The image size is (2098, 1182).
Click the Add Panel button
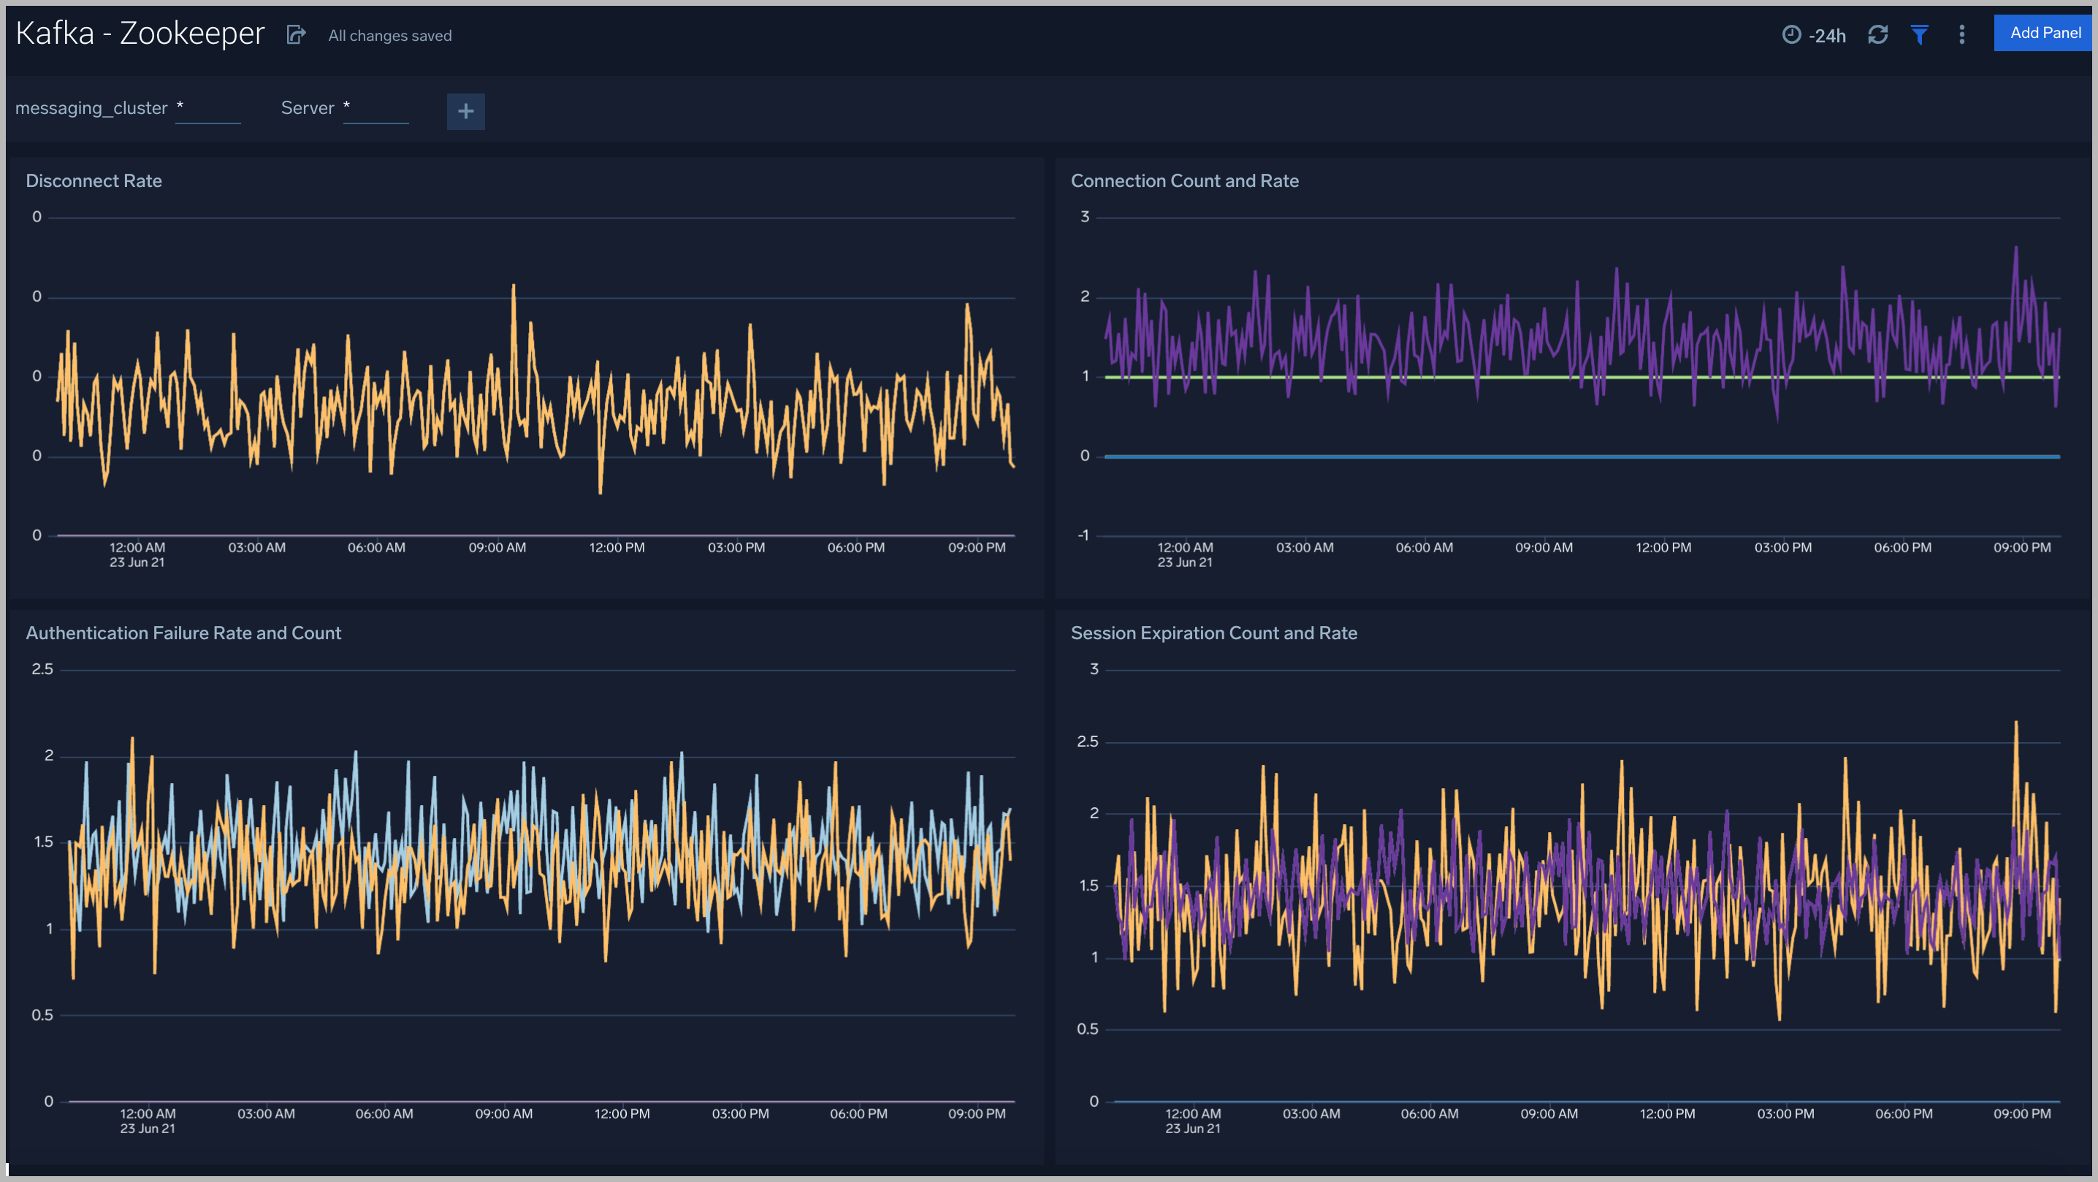[2044, 33]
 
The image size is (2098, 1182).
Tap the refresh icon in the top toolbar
[1877, 34]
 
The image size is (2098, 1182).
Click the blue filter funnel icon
[1920, 34]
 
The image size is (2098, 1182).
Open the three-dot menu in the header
[1961, 34]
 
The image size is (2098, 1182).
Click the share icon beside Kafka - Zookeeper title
[296, 34]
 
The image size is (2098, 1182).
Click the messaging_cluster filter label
[91, 107]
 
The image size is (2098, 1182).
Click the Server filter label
[307, 107]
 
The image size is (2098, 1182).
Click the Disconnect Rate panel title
[94, 181]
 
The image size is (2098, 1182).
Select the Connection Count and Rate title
[1184, 181]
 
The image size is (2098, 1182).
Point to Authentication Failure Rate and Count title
[183, 633]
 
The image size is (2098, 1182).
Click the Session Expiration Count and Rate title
[1213, 633]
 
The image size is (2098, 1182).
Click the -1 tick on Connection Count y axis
[1083, 535]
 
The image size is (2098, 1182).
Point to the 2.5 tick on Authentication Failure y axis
[42, 668]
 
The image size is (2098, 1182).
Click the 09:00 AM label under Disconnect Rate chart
[497, 547]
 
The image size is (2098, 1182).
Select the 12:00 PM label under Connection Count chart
[1663, 547]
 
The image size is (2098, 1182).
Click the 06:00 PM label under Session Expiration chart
[1904, 1113]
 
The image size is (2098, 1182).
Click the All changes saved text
[389, 36]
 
